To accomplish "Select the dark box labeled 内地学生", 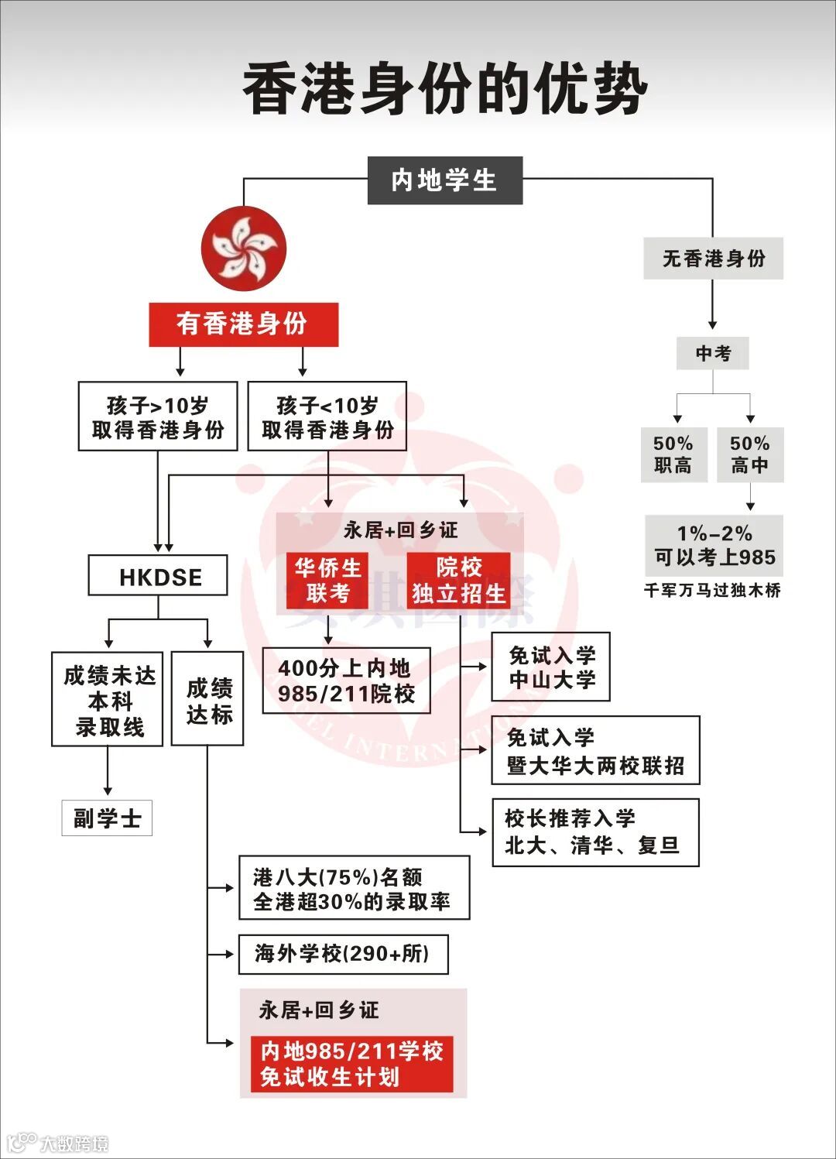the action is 444,180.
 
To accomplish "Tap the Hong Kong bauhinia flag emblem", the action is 244,249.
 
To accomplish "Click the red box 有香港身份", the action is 243,324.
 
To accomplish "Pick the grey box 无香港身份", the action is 713,259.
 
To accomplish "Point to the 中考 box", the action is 712,353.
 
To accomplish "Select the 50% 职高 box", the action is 673,454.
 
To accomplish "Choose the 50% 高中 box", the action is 749,454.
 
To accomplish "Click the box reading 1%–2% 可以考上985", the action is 714,545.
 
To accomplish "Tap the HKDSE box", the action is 158,575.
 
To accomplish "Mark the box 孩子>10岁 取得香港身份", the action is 158,416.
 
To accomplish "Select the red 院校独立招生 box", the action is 458,580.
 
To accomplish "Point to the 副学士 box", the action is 107,818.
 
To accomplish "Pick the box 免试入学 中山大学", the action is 550,667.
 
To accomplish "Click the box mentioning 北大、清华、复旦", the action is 595,832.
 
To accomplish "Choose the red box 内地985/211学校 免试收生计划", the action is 351,1064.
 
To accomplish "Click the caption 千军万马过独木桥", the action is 712,591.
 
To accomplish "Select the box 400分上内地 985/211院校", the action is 346,681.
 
